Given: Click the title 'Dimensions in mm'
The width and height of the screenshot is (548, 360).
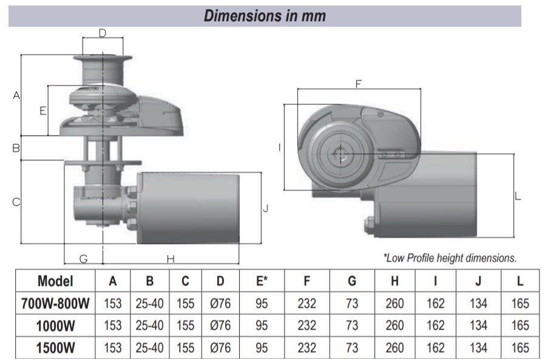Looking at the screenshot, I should pos(265,16).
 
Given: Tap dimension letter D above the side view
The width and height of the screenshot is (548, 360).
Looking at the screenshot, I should pos(103,33).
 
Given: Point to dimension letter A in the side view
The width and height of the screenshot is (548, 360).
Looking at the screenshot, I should pos(16,96).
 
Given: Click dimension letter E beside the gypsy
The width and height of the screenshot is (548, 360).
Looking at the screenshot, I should pos(42,111).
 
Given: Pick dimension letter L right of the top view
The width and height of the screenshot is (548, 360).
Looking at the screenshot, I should pos(518,196).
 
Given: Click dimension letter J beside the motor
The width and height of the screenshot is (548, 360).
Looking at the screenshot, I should pos(265,208).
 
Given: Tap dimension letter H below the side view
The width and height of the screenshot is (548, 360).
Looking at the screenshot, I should pos(171,259).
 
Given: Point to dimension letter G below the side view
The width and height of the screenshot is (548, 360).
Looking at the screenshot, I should pos(84,259).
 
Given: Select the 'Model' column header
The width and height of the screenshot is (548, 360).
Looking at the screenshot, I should pos(55,281).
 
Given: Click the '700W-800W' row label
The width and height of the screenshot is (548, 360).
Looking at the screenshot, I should pos(55,304).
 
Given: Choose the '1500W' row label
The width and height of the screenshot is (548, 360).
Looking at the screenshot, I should pos(55,348).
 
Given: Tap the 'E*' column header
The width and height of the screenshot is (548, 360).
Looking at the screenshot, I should pos(262,281).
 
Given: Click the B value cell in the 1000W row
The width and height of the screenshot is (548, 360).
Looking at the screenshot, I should pos(149,325).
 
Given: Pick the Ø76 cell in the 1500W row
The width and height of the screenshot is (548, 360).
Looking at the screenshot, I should pos(220,348).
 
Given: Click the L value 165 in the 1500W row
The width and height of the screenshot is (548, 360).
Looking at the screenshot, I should pos(520,348).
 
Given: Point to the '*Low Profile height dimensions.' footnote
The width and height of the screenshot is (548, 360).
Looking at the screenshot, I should pos(450,258).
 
